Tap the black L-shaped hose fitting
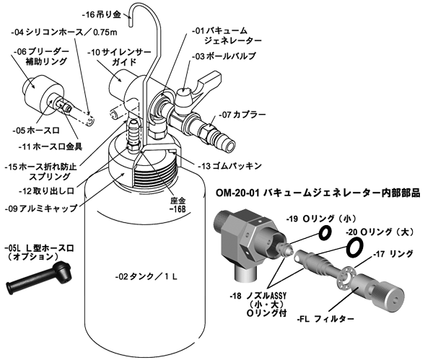tap(39, 277)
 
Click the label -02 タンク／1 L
tap(146, 276)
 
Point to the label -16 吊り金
tap(101, 14)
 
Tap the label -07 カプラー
tap(242, 114)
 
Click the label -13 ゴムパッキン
tap(229, 166)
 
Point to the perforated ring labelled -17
tap(346, 278)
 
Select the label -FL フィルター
tap(325, 320)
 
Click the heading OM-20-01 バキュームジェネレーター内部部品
tap(318, 193)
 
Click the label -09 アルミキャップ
tap(41, 208)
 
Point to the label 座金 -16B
tap(178, 205)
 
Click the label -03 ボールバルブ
tap(224, 56)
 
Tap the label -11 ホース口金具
tap(51, 147)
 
